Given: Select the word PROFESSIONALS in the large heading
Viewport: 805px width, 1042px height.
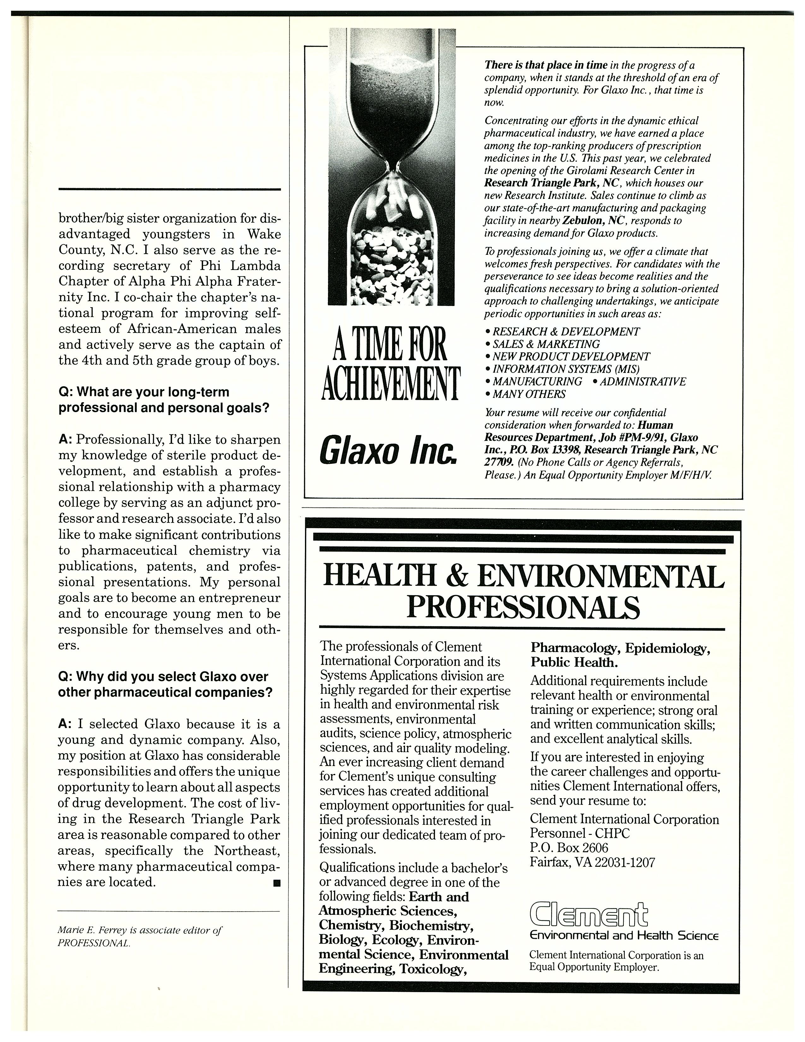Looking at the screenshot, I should [523, 607].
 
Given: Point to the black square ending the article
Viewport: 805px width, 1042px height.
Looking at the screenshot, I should [277, 883].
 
